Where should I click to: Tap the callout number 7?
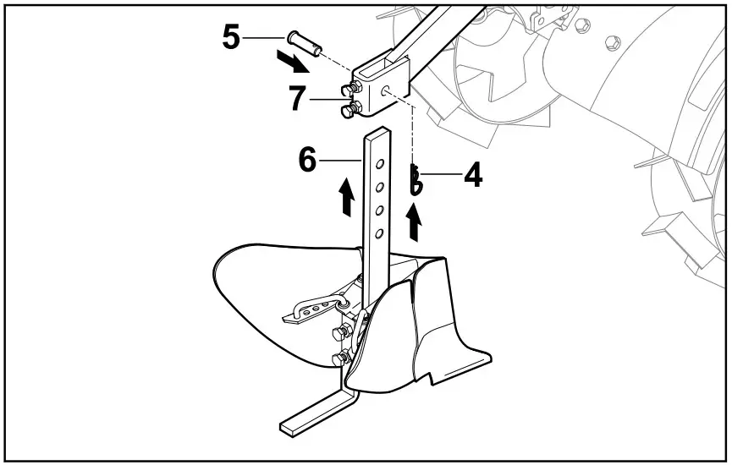[x=297, y=99]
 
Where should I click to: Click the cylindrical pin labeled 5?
[x=304, y=41]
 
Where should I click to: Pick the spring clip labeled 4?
[x=416, y=180]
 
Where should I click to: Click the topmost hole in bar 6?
[x=380, y=163]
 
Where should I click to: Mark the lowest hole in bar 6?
[x=380, y=232]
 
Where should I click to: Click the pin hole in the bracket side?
[x=386, y=89]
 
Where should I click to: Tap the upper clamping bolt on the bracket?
[x=349, y=88]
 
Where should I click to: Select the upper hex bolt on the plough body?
[x=344, y=331]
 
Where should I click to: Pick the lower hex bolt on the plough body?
[x=340, y=360]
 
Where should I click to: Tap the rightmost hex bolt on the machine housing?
[x=611, y=41]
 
